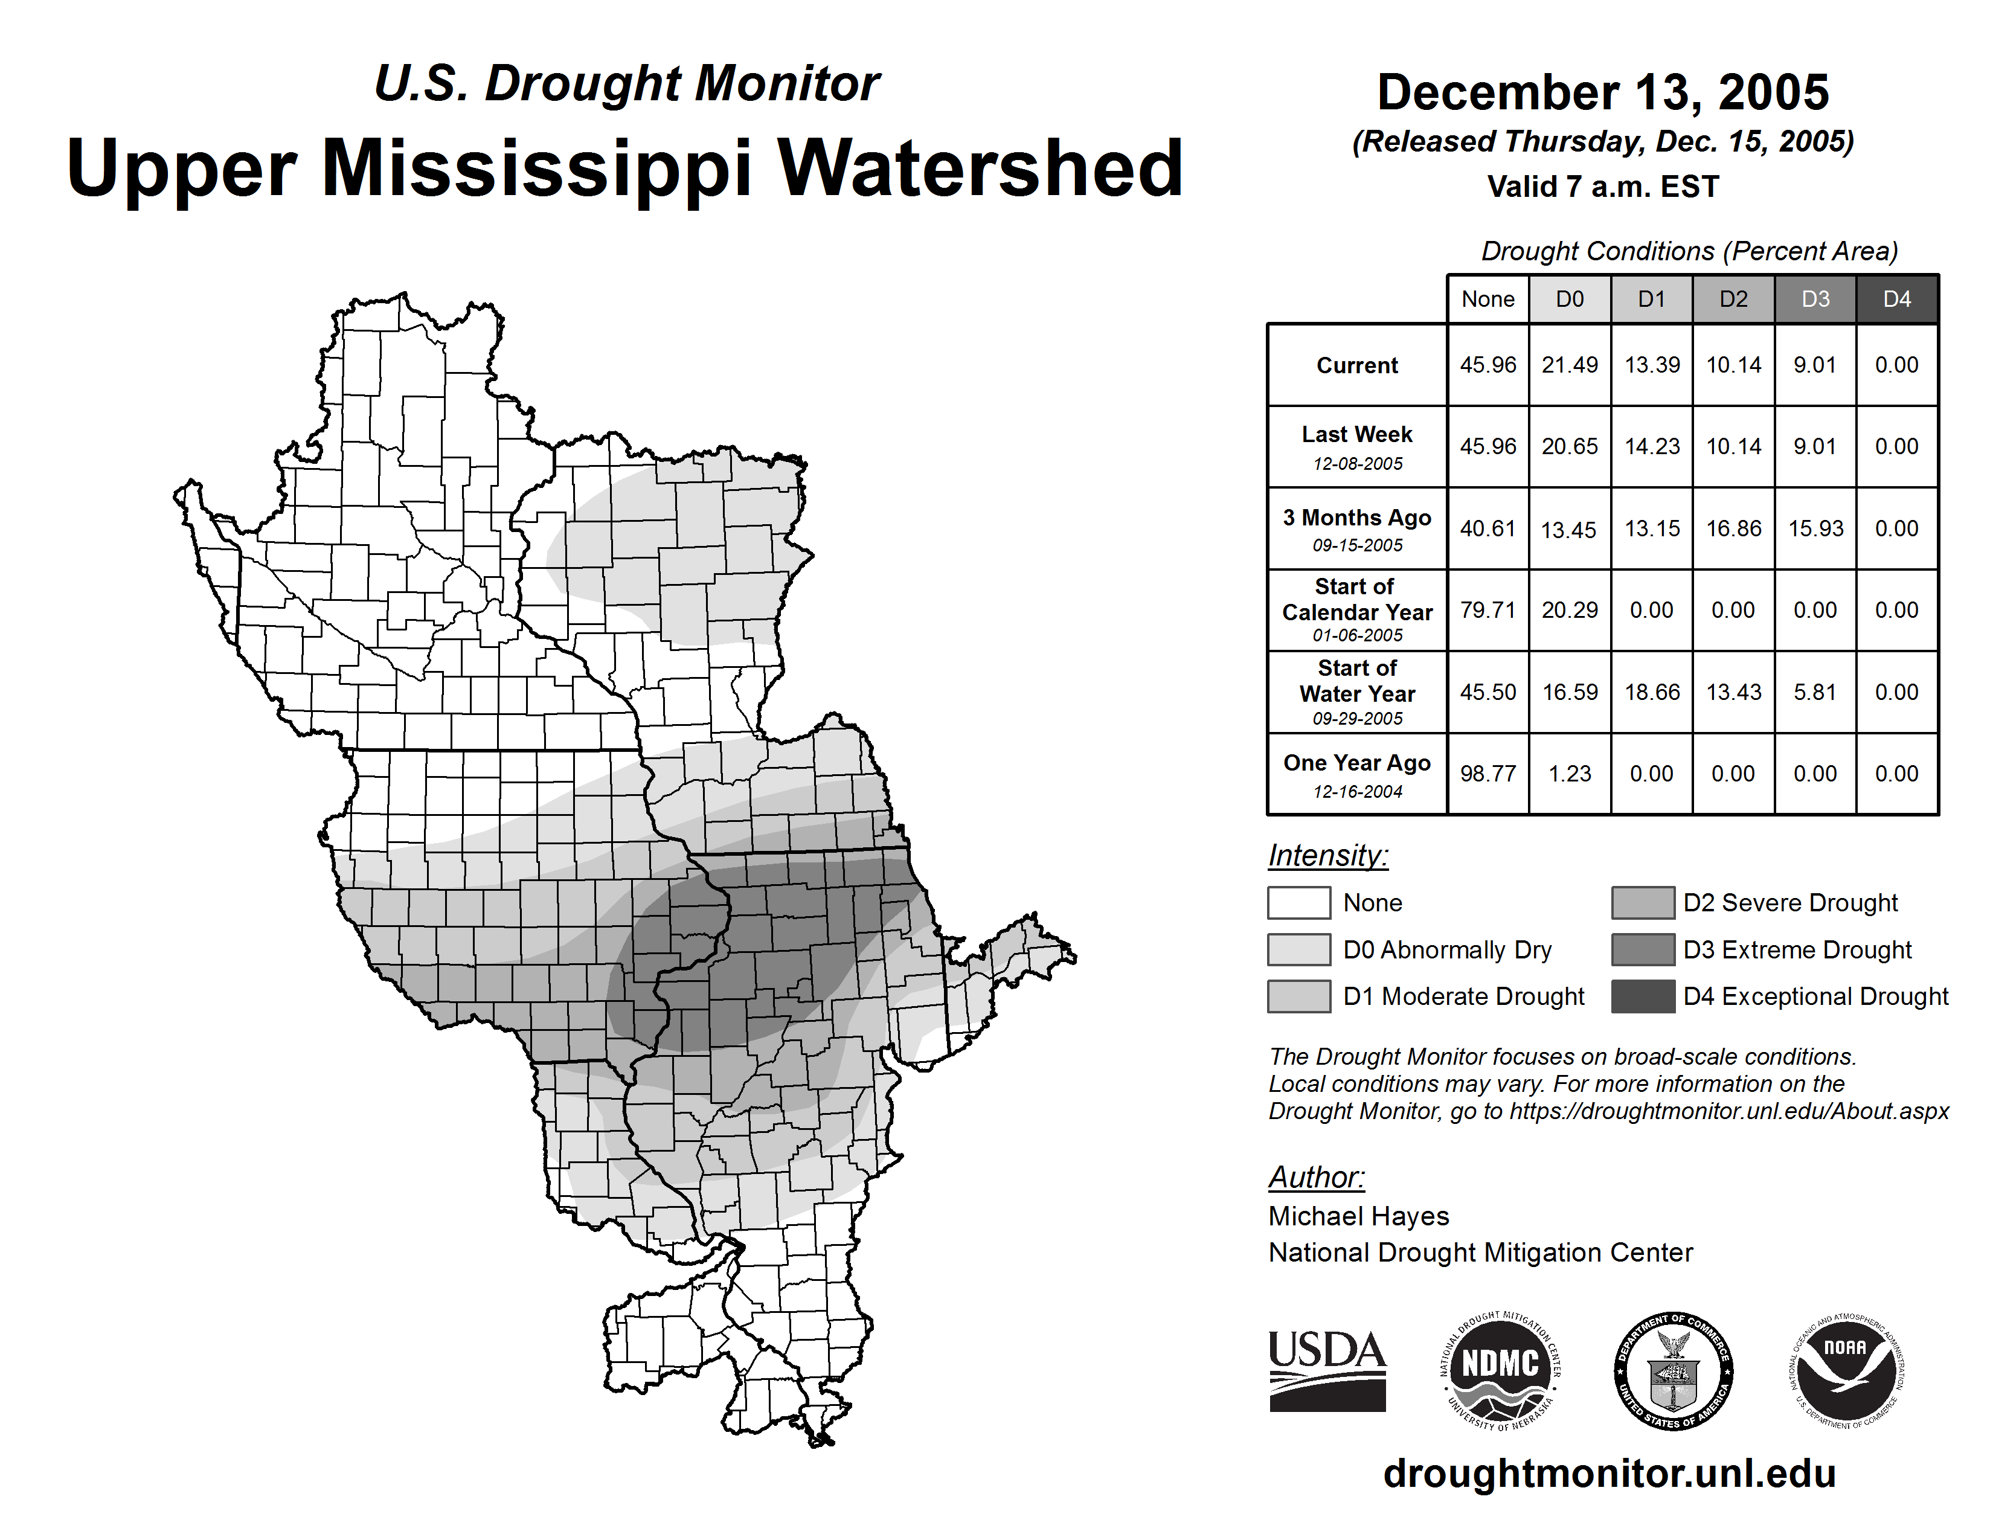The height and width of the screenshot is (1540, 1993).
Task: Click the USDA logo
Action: pyautogui.click(x=1327, y=1370)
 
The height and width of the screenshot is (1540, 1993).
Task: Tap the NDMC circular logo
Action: pyautogui.click(x=1500, y=1370)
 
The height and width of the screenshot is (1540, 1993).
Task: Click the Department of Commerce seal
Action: pyautogui.click(x=1674, y=1370)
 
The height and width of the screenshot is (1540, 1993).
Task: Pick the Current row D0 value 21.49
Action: pyautogui.click(x=1570, y=365)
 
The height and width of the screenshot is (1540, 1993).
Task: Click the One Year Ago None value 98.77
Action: pyautogui.click(x=1488, y=774)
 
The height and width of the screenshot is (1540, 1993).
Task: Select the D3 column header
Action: pyautogui.click(x=1815, y=299)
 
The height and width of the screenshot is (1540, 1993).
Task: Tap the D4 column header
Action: pyautogui.click(x=1896, y=299)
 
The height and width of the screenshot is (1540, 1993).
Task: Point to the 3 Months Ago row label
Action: pyautogui.click(x=1357, y=529)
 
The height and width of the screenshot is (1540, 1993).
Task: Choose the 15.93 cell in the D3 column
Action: pyautogui.click(x=1815, y=529)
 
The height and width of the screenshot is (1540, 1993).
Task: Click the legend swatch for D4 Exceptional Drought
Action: pyautogui.click(x=1643, y=996)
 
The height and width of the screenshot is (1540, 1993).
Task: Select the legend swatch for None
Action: pyautogui.click(x=1298, y=902)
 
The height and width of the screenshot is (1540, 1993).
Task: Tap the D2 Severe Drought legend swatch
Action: pyautogui.click(x=1643, y=902)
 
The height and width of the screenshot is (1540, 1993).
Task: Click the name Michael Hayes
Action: pyautogui.click(x=1358, y=1216)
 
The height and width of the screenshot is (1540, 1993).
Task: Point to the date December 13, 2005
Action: pyautogui.click(x=1602, y=92)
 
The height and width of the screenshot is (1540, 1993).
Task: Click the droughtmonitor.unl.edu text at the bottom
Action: pyautogui.click(x=1609, y=1474)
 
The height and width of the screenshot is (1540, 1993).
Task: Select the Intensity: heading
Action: pyautogui.click(x=1327, y=856)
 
